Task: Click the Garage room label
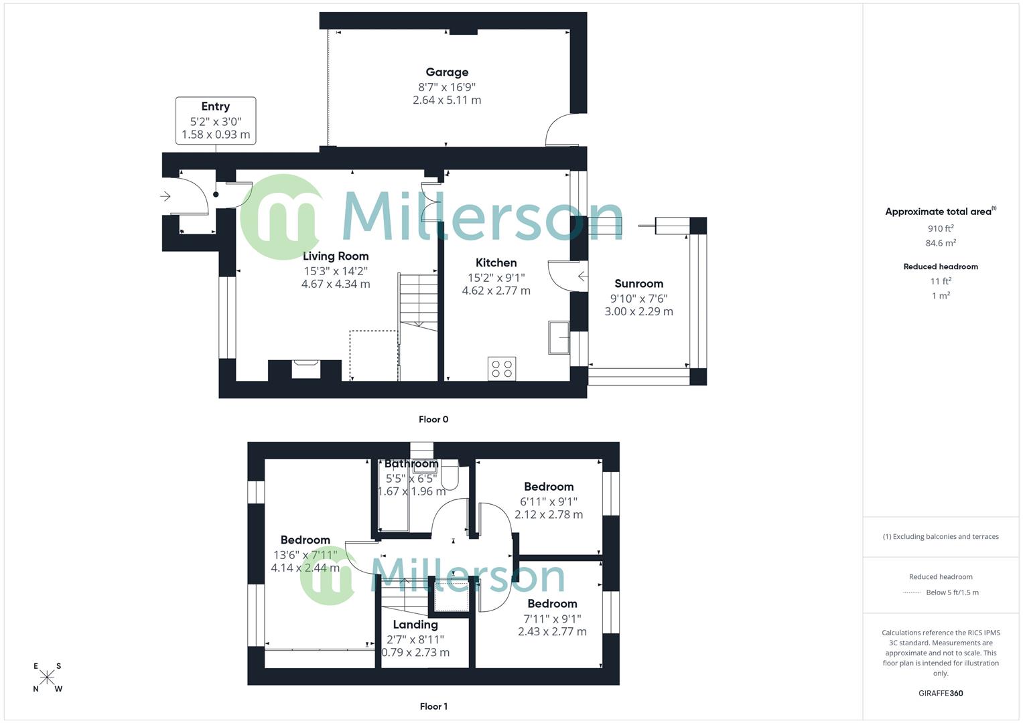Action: (447, 72)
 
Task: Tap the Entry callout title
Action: (215, 106)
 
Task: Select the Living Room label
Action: (336, 256)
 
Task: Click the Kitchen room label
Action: (496, 262)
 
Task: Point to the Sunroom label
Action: (638, 284)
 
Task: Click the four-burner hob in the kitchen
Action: (502, 369)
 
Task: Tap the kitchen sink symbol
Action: (558, 337)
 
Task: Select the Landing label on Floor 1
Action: (415, 625)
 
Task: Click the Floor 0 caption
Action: (433, 420)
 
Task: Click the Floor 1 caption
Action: (433, 706)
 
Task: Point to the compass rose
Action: (47, 677)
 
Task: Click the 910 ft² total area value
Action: (941, 228)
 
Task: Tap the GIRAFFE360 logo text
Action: (941, 694)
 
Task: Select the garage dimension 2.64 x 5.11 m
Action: (447, 100)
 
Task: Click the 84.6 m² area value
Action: (941, 243)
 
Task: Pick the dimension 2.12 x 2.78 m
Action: (549, 515)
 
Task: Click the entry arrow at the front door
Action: (165, 196)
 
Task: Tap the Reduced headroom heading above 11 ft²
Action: (941, 266)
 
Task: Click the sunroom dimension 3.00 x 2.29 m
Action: (638, 311)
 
